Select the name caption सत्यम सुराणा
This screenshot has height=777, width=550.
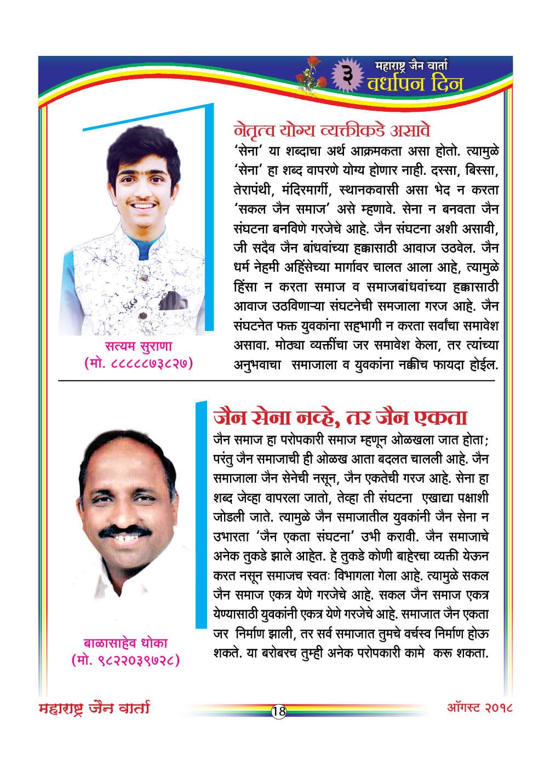[x=139, y=346]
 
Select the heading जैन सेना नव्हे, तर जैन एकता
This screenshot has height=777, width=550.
[x=340, y=418]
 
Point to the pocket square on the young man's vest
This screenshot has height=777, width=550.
[x=175, y=300]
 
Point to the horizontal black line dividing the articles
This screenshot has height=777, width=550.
[x=274, y=380]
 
